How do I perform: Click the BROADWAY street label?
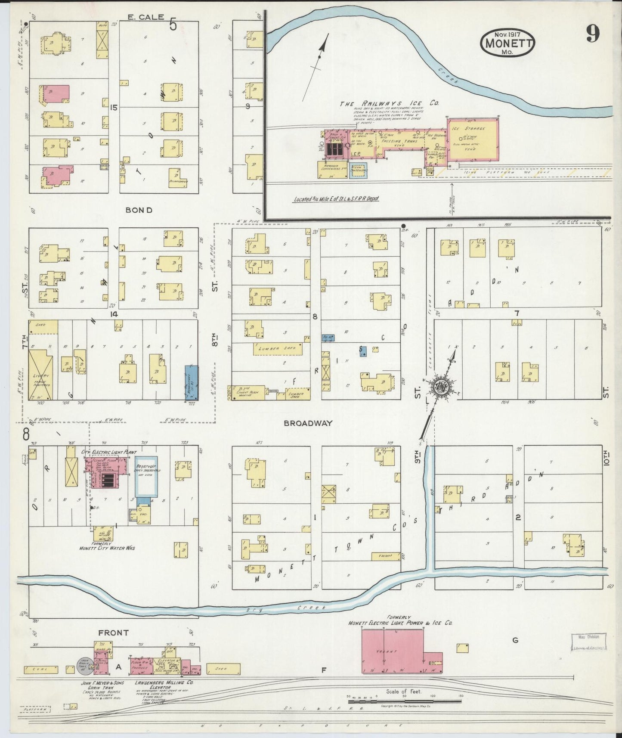pyautogui.click(x=308, y=423)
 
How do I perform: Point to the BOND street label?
pyautogui.click(x=139, y=210)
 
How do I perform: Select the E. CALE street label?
pyautogui.click(x=145, y=17)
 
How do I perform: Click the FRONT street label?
pyautogui.click(x=113, y=633)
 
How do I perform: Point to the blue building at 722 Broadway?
pyautogui.click(x=192, y=382)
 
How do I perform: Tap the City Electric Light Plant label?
pyautogui.click(x=108, y=453)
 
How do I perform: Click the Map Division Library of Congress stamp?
pyautogui.click(x=588, y=641)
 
